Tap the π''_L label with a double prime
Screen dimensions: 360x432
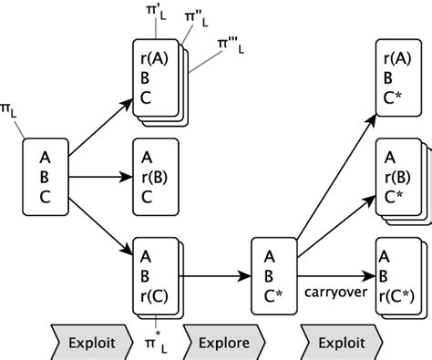point(194,18)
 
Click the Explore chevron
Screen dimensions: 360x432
point(223,344)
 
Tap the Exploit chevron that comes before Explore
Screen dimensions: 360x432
point(91,344)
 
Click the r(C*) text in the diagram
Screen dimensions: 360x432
point(397,293)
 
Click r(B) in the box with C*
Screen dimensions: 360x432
point(396,177)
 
